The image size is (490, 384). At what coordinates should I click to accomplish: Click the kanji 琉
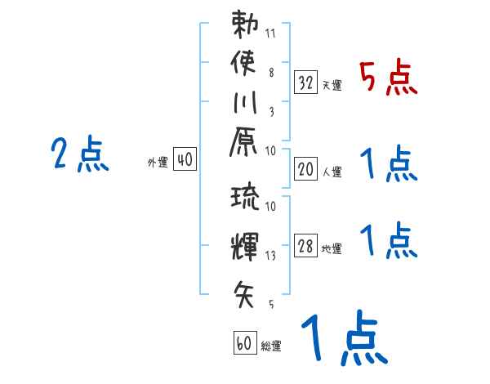245,199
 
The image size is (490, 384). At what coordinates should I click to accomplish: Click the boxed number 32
305,83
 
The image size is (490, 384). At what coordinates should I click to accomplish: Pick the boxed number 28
305,247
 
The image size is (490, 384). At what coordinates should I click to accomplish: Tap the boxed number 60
243,344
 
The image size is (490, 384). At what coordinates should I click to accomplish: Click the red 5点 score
389,79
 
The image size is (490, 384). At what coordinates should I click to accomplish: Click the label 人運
332,172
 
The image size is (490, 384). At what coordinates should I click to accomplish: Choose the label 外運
158,163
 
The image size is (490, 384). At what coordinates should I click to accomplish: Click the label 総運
271,346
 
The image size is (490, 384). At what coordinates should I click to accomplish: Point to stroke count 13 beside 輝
271,256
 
